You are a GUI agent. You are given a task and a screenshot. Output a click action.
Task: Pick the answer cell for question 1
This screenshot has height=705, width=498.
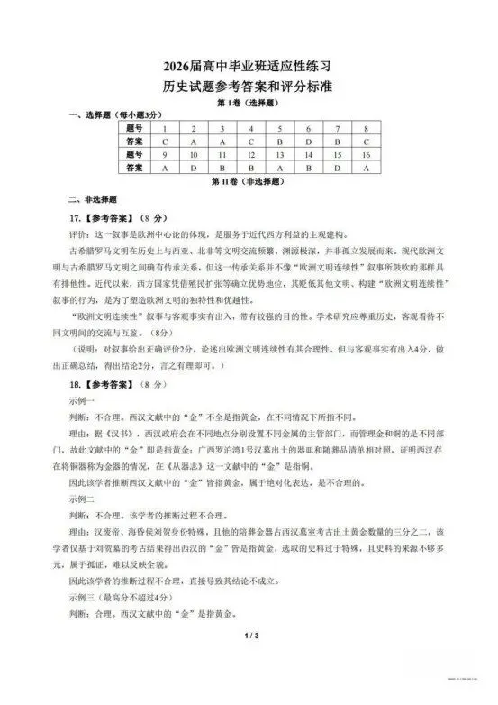[x=165, y=142]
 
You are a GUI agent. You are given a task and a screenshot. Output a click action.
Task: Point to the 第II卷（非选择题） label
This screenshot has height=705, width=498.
[x=249, y=181]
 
